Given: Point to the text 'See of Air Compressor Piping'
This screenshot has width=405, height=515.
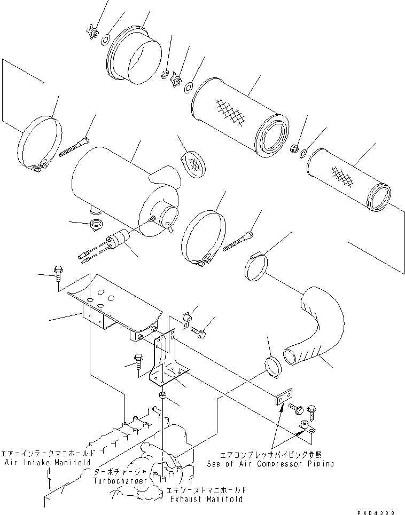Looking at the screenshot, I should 270,463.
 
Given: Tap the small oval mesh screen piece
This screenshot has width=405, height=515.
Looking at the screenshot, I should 194,163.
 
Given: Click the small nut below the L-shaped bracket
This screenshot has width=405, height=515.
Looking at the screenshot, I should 162,396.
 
